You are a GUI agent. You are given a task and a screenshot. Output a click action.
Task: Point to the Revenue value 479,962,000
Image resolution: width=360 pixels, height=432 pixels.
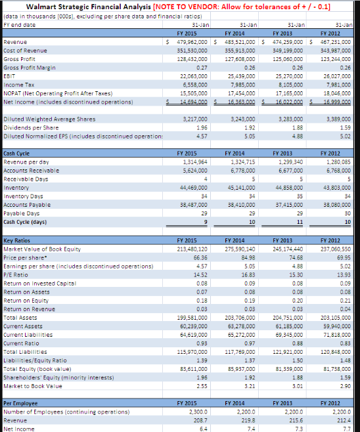(192, 41)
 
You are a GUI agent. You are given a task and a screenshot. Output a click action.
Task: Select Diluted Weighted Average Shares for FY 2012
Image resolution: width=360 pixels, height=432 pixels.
(341, 119)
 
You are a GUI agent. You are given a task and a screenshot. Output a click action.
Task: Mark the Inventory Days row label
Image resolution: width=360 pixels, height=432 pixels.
(21, 196)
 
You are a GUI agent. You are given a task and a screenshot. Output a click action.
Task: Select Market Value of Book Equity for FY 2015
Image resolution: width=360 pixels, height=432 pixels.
(192, 249)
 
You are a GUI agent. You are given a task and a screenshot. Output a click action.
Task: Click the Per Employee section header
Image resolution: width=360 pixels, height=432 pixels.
(20, 402)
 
